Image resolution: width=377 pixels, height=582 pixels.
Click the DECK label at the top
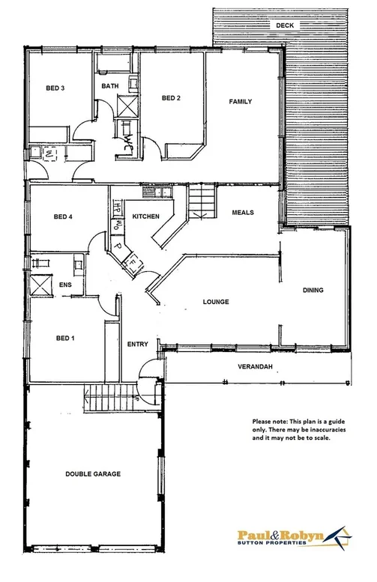(x=286, y=25)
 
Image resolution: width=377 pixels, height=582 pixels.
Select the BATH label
(x=110, y=86)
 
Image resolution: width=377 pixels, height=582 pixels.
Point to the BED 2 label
(x=172, y=98)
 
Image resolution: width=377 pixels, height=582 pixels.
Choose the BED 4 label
(x=63, y=217)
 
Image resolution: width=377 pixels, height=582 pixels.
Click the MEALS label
(x=243, y=212)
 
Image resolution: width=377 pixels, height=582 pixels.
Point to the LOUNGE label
(x=215, y=302)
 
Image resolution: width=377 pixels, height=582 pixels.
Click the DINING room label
(x=313, y=290)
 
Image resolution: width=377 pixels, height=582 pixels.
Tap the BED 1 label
(x=66, y=339)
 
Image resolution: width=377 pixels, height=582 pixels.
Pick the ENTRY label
(x=138, y=345)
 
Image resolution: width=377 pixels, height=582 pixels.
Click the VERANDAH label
(x=256, y=366)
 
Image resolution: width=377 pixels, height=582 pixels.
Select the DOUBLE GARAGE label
(x=93, y=473)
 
